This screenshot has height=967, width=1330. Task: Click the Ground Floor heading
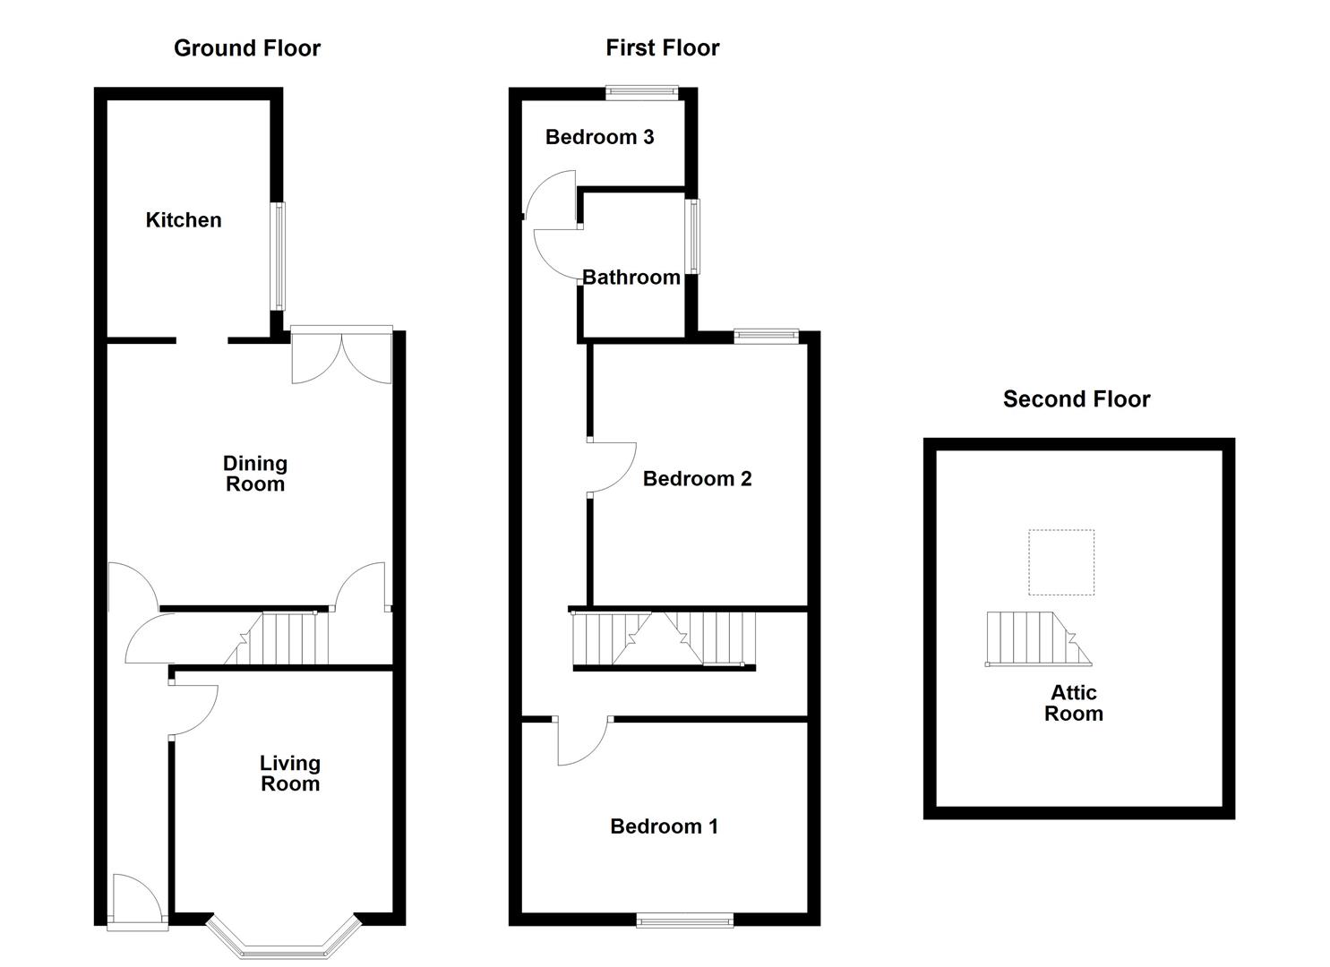(246, 48)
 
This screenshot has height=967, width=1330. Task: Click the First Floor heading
(662, 48)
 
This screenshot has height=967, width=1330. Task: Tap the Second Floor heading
(1076, 399)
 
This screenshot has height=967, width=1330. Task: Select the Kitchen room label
(184, 220)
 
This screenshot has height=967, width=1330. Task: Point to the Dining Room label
(255, 474)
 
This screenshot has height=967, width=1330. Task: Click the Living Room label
(289, 774)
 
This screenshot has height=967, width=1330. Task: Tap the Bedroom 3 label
(599, 137)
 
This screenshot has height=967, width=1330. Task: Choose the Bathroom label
(631, 278)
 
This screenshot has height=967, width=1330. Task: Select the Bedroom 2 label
(697, 479)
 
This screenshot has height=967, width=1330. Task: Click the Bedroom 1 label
(664, 826)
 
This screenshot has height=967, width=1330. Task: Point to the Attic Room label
(1073, 703)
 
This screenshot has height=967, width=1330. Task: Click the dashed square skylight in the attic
(1060, 562)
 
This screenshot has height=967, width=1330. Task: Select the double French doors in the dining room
(341, 355)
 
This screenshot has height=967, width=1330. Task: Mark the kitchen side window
(279, 256)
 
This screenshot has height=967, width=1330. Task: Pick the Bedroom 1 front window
(685, 919)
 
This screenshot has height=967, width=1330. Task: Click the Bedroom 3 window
(641, 90)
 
